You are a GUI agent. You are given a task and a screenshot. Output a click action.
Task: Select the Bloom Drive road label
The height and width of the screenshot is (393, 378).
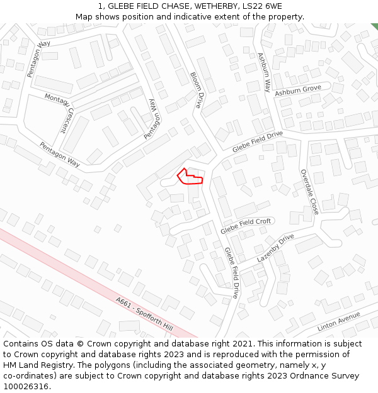pos(195,90)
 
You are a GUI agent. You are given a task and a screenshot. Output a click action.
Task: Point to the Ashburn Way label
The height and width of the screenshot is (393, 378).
pos(263,72)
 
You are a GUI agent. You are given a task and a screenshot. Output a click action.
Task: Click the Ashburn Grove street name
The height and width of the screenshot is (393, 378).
pos(298,91)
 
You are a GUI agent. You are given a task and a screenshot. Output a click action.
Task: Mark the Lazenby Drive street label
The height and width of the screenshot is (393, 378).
pos(275,248)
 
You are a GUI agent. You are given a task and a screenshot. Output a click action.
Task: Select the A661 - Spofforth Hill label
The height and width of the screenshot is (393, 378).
pos(144,314)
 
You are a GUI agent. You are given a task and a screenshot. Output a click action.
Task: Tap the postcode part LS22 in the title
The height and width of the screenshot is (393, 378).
pos(252,6)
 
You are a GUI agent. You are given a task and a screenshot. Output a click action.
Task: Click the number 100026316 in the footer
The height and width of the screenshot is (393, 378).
pos(25,386)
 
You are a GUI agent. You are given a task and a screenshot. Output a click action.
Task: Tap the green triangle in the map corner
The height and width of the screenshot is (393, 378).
pos(375,26)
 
